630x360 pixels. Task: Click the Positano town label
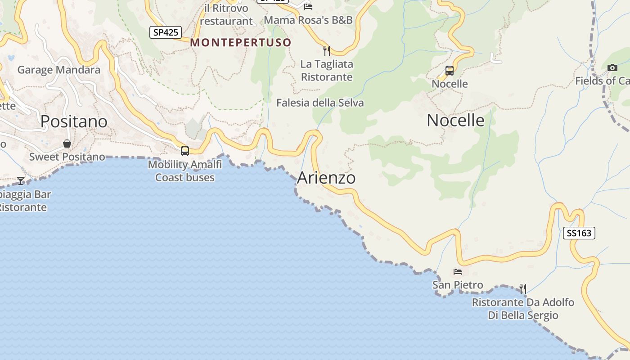(74, 121)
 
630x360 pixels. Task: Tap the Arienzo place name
(326, 178)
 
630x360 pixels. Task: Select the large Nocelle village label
(455, 120)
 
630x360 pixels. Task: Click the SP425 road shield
(166, 32)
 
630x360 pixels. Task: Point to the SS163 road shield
(579, 233)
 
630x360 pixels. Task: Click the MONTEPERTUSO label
(241, 42)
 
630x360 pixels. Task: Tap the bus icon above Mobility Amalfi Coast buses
(185, 151)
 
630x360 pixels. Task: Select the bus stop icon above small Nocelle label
(449, 71)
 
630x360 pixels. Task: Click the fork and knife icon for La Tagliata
(327, 50)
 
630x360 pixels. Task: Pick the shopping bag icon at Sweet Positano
(67, 144)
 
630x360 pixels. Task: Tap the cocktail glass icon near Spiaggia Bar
(21, 180)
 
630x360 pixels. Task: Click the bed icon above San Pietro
(458, 272)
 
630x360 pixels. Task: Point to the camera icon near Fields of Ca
(612, 68)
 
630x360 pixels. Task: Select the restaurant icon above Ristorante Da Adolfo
(522, 288)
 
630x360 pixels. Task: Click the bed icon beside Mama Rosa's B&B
(308, 6)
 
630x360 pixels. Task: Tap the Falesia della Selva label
(320, 103)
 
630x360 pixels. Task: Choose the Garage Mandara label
(58, 70)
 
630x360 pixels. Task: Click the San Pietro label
(458, 285)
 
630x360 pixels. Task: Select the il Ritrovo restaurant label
(226, 15)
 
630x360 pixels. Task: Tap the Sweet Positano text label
(67, 157)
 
